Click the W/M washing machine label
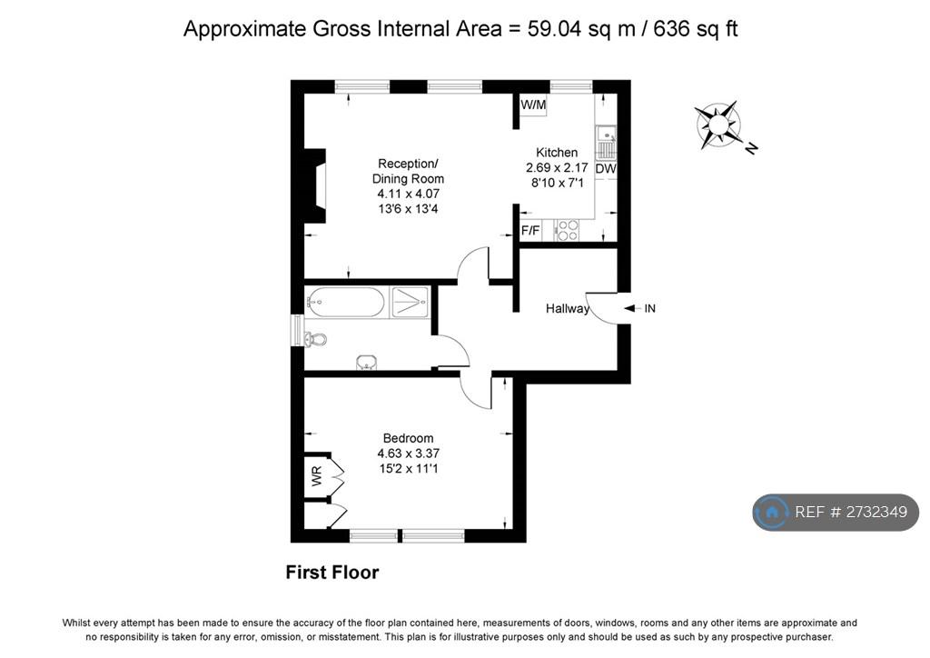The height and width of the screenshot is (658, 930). (x=532, y=105)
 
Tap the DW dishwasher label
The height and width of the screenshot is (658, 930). (x=606, y=168)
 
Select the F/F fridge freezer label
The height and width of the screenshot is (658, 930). (x=530, y=230)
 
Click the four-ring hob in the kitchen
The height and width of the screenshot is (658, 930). (x=568, y=230)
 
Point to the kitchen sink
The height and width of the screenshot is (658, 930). (x=606, y=143)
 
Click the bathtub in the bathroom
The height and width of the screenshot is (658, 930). (x=346, y=303)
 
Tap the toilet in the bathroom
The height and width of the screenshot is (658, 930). (x=315, y=340)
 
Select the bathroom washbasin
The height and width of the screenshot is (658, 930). (x=367, y=363)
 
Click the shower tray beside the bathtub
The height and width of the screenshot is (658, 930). (x=410, y=302)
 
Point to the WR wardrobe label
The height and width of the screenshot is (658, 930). (x=317, y=476)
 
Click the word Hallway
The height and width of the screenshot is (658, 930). (x=568, y=308)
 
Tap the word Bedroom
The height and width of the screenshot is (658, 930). (x=408, y=438)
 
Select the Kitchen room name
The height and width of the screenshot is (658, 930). (x=557, y=153)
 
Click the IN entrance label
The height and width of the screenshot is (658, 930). (x=650, y=308)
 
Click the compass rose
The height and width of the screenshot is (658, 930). (x=718, y=125)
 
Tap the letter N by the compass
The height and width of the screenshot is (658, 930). (x=751, y=148)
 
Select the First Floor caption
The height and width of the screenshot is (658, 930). (x=332, y=573)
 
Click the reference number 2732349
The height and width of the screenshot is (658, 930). (x=876, y=512)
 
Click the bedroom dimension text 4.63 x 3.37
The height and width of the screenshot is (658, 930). (x=408, y=454)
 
